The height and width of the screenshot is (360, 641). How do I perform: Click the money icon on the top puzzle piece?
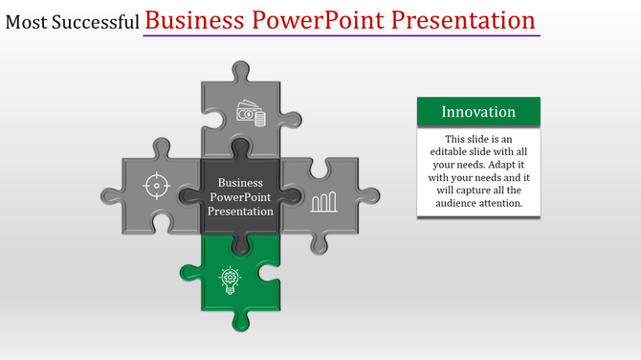[251, 115]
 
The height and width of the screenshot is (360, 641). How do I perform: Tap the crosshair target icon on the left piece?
[157, 185]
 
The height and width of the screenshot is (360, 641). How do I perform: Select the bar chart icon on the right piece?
[323, 200]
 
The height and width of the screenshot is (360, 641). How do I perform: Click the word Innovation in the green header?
[478, 112]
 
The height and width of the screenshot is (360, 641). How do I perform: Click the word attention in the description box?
[505, 203]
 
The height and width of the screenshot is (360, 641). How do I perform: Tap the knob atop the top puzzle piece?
[241, 70]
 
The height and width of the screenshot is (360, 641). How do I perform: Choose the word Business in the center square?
[240, 182]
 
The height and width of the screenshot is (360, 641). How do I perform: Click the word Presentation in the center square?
[240, 211]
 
